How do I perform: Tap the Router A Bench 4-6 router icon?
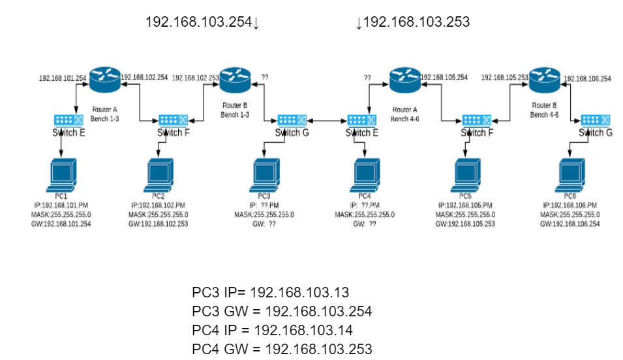(x=403, y=80)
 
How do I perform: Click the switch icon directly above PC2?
(x=173, y=120)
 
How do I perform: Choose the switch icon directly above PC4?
(x=361, y=120)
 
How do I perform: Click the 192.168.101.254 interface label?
(x=63, y=78)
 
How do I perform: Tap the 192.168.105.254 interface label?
(x=445, y=77)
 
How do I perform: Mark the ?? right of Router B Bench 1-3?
(x=264, y=77)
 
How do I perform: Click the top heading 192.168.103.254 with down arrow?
(x=202, y=23)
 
